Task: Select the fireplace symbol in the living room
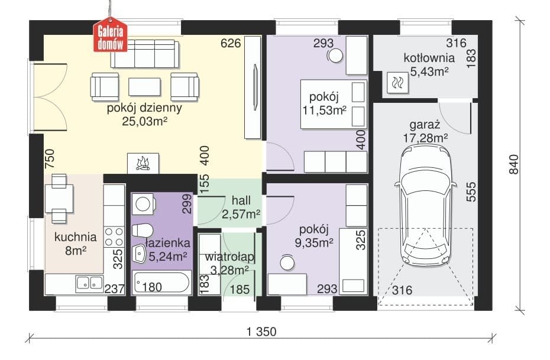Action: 143,163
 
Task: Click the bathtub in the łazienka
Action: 161,283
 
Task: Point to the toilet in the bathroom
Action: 142,231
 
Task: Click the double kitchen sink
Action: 90,284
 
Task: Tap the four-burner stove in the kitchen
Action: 114,236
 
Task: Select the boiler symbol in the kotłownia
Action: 398,83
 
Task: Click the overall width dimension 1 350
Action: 261,331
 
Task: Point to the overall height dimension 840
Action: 513,164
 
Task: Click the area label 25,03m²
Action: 144,121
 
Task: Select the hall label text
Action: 241,200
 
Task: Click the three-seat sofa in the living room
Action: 144,54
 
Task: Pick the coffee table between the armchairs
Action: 144,86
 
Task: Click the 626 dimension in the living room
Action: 231,43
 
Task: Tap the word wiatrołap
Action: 229,257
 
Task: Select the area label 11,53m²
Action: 325,111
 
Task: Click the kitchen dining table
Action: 59,199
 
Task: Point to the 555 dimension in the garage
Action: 471,192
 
